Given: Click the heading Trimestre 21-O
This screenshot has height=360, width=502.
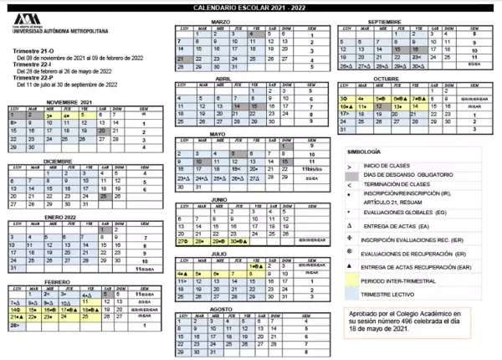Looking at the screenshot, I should pyautogui.click(x=33, y=51).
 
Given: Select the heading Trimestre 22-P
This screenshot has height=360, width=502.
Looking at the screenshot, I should pyautogui.click(x=33, y=78).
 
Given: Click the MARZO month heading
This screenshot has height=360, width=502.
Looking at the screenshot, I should pyautogui.click(x=220, y=21).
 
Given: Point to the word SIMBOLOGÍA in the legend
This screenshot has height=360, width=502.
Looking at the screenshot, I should pyautogui.click(x=365, y=152).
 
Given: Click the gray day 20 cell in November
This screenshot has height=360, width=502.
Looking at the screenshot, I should pyautogui.click(x=104, y=131).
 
